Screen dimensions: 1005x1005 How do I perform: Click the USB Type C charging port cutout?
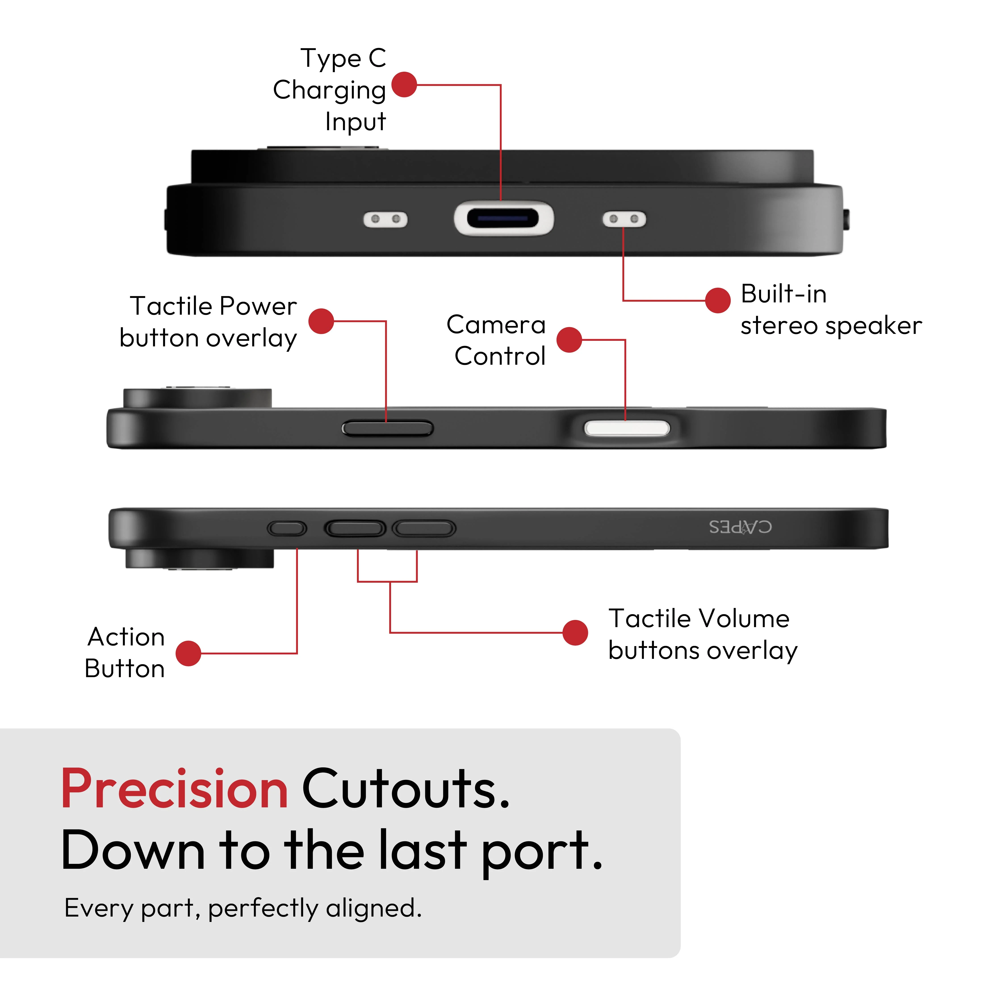click(x=504, y=218)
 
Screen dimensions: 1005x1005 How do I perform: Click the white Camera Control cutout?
click(x=627, y=429)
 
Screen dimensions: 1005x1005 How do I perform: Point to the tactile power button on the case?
click(x=387, y=429)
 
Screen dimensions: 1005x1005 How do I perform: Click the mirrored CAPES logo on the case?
click(x=740, y=527)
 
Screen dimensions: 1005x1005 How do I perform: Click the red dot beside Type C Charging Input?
click(x=404, y=85)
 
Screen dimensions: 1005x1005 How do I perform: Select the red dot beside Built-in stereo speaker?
click(x=718, y=300)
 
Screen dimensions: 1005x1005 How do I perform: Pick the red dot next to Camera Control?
click(x=569, y=340)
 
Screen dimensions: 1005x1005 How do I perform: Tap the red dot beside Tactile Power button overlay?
click(x=321, y=321)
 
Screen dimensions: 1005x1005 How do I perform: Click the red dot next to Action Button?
click(x=188, y=653)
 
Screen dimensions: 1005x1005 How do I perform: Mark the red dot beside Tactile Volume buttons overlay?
click(x=575, y=632)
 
